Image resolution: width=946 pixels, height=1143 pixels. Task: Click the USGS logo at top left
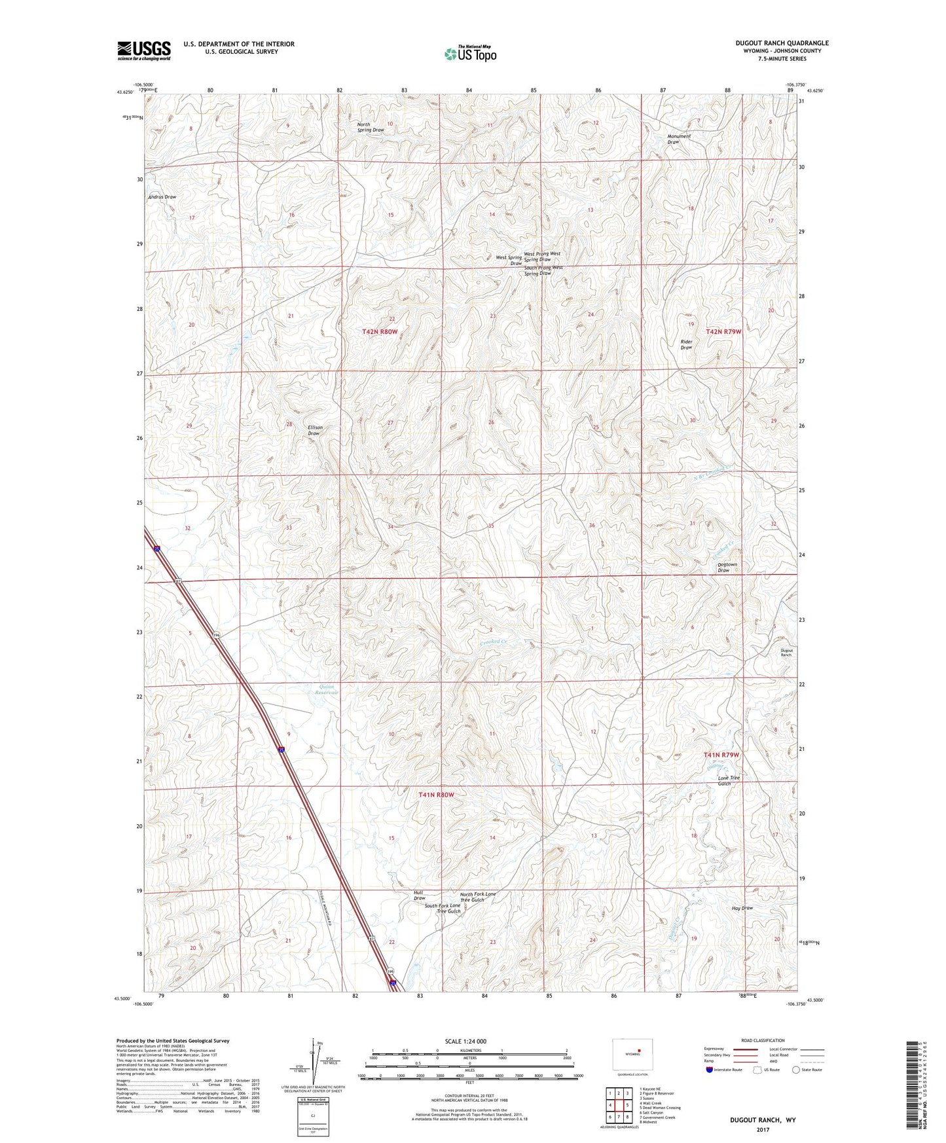tap(143, 50)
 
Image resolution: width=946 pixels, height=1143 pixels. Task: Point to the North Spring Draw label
tap(371, 127)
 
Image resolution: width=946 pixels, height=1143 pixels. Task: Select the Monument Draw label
tap(678, 139)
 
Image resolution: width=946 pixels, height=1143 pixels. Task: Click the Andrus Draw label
tap(162, 197)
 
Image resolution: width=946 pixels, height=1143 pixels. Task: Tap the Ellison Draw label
tap(315, 430)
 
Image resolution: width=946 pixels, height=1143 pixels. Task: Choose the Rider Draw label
tap(686, 344)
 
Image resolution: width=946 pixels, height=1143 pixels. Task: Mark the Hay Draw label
tap(742, 908)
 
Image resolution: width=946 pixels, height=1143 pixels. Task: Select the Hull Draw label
tap(419, 896)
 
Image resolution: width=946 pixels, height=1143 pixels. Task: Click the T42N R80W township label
tap(380, 333)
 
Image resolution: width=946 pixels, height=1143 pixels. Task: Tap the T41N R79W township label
tap(721, 755)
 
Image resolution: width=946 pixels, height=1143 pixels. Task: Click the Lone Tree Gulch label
tap(728, 780)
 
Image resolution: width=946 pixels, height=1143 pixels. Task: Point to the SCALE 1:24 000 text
tap(465, 1041)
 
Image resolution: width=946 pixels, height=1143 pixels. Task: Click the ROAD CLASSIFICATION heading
tap(763, 1040)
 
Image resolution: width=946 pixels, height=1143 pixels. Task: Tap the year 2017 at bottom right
tap(763, 1130)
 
